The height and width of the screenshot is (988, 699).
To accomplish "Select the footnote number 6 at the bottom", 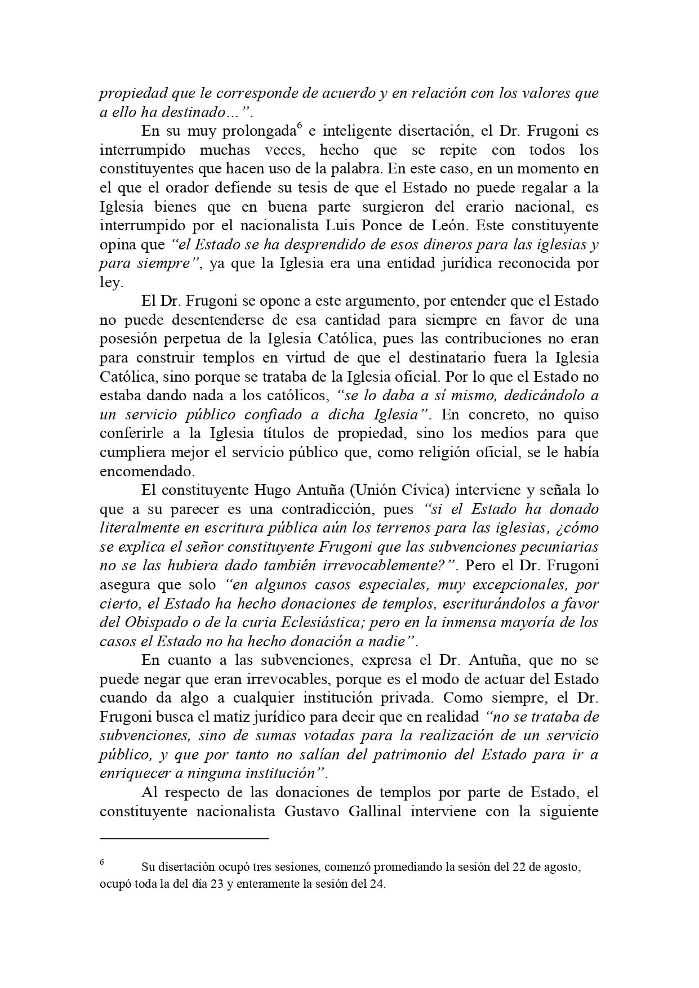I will click(102, 862).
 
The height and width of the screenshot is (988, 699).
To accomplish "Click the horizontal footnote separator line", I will click(184, 838).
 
